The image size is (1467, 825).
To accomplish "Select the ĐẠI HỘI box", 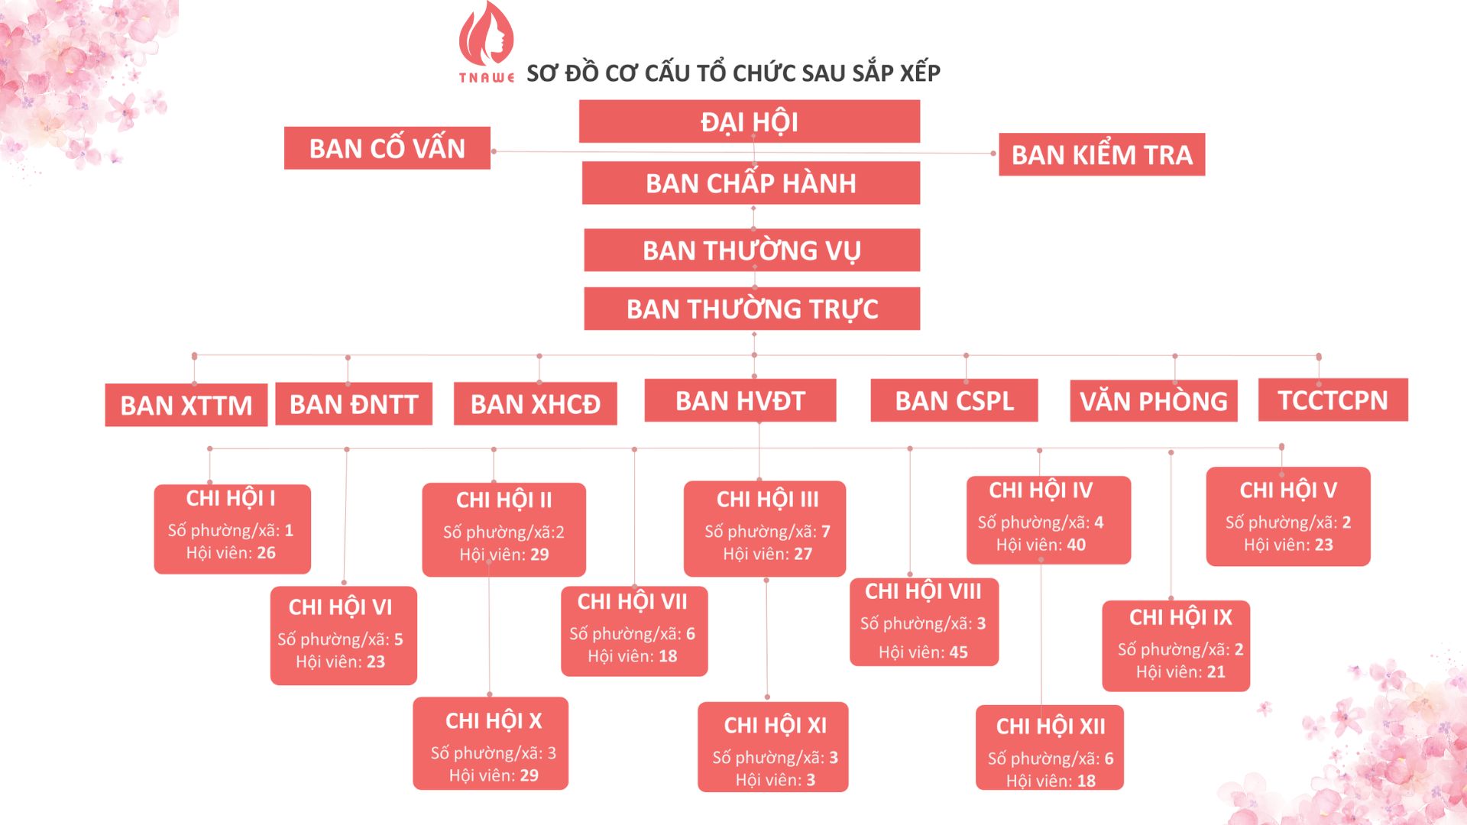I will [x=749, y=121].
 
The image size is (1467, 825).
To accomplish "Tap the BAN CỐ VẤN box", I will [x=387, y=148].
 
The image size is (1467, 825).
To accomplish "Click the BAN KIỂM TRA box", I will [x=1101, y=155].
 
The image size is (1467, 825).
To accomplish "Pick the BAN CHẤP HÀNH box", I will [x=750, y=183].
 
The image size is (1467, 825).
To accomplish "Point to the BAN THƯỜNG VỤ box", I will [x=751, y=251].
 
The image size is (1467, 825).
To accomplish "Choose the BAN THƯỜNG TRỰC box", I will [x=752, y=309].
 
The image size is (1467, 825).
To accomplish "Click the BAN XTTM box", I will [x=186, y=405].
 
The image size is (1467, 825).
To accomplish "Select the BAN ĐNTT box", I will [x=353, y=404].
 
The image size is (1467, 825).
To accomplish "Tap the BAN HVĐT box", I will [x=740, y=401].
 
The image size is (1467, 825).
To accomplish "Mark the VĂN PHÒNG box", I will [x=1153, y=401].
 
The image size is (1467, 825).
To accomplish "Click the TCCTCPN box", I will [x=1333, y=400].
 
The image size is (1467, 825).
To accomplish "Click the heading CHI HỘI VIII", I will [x=923, y=591].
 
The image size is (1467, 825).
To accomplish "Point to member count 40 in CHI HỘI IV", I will [x=1076, y=545].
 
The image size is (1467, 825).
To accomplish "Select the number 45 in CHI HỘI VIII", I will [x=958, y=652].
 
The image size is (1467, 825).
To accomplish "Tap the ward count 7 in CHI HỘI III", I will [x=825, y=532].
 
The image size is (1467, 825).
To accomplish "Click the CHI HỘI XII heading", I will [x=1050, y=726].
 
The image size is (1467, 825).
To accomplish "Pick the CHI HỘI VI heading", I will [x=340, y=607].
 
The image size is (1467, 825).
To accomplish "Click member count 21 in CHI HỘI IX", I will [x=1216, y=672].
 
